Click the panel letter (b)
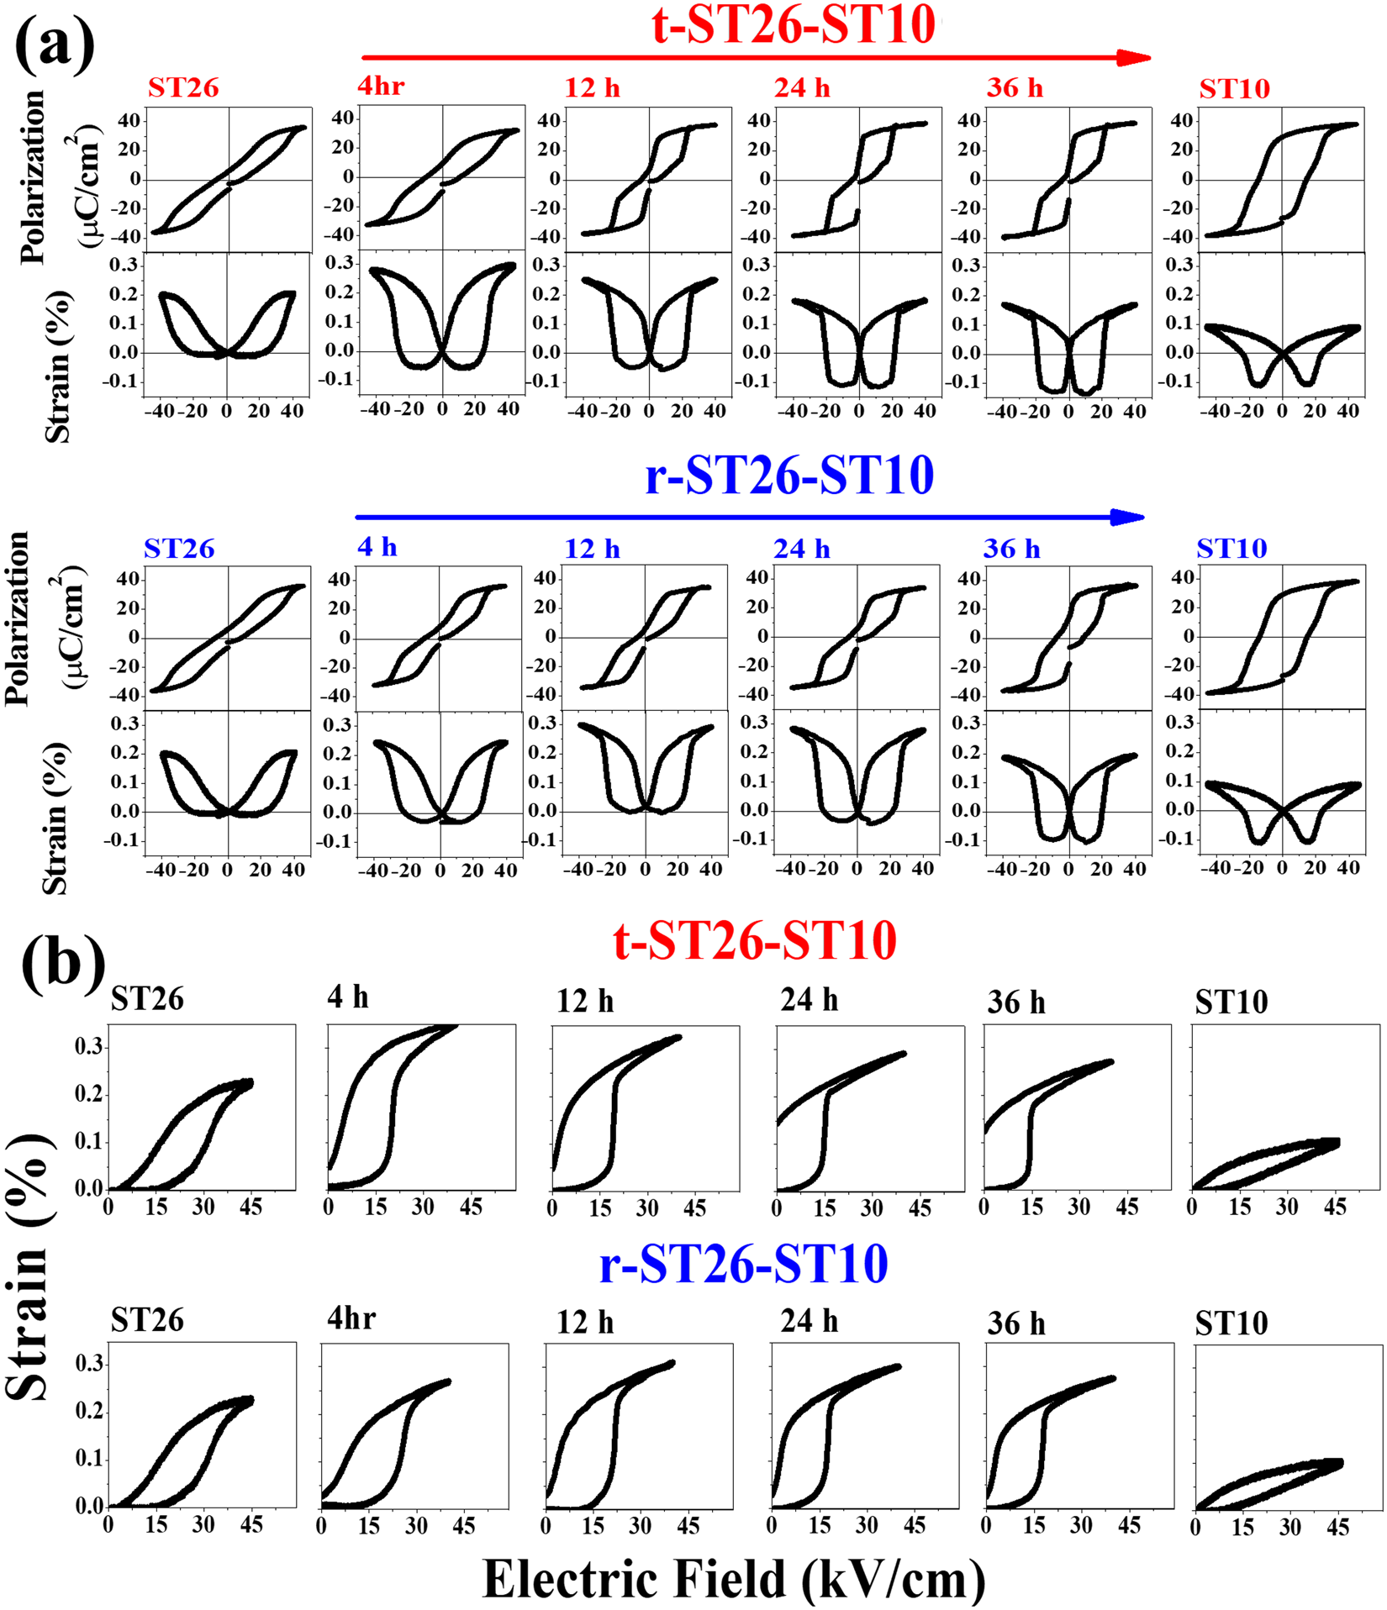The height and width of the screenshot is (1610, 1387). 64,963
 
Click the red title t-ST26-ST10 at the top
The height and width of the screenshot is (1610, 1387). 794,25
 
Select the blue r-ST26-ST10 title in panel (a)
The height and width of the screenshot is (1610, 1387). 789,476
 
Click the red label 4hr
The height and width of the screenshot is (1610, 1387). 381,86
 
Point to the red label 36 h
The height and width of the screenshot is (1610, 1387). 1015,88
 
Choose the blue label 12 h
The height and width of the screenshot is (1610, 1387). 592,549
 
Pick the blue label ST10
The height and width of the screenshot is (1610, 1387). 1231,549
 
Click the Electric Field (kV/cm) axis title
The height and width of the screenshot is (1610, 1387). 734,1578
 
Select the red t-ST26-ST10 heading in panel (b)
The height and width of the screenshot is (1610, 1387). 754,940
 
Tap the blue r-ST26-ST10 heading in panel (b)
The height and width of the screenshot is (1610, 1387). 743,1264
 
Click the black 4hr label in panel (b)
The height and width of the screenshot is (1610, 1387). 351,1319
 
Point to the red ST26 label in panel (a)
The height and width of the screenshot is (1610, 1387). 183,87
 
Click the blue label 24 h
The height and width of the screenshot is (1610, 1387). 801,549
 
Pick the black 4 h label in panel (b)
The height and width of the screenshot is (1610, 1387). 348,997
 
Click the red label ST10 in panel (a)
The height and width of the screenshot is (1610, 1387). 1234,88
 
